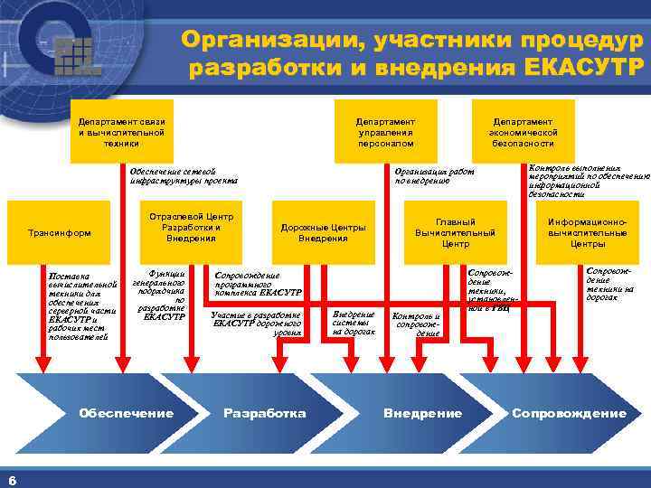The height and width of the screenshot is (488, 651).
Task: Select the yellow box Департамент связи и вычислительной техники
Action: point(121,131)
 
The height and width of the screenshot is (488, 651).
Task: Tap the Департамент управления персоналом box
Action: point(385,131)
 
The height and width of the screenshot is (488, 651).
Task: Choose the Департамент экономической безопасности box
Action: point(523,131)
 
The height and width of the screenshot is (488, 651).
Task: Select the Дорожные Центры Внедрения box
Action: point(323,232)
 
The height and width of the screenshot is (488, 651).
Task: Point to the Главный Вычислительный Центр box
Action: point(455,232)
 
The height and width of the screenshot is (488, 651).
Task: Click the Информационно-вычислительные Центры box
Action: point(588,232)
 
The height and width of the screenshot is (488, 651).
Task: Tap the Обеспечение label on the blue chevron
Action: point(126,413)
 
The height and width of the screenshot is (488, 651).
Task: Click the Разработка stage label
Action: point(264,413)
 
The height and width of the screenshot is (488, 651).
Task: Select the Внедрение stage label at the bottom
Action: point(422,413)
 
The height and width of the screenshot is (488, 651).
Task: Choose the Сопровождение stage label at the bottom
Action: point(569,413)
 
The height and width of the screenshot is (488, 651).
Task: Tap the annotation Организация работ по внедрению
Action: point(434,175)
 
